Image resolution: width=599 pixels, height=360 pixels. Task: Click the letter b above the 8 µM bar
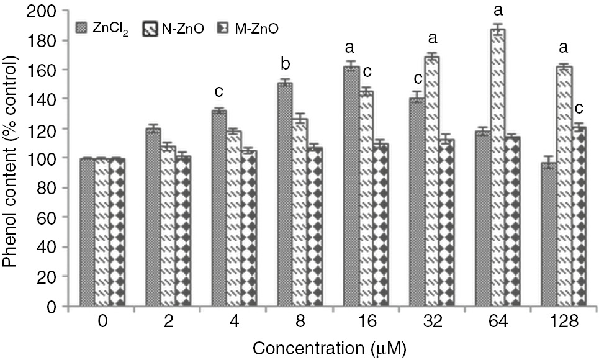pos(284,66)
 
